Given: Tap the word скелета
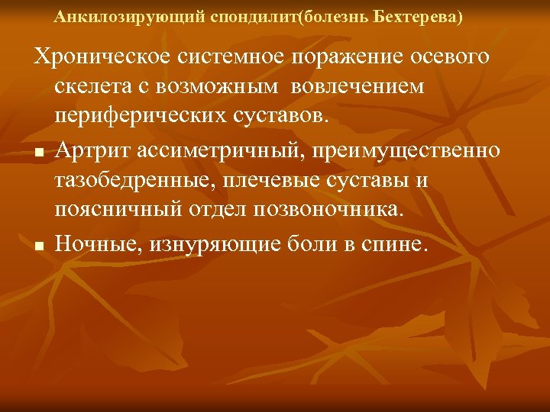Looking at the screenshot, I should [95, 89].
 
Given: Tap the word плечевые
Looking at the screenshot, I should [281, 180].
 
